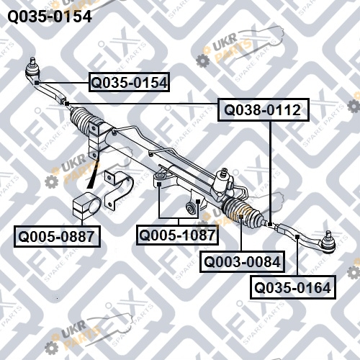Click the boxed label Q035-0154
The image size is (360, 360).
pyautogui.click(x=129, y=82)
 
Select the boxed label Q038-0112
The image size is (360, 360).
pyautogui.click(x=264, y=109)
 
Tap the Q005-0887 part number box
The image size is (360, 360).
pyautogui.click(x=57, y=236)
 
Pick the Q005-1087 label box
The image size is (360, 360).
pyautogui.click(x=177, y=235)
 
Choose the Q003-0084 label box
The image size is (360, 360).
pyautogui.click(x=243, y=261)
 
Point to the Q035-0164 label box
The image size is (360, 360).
pyautogui.click(x=293, y=287)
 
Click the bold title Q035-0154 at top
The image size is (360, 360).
pyautogui.click(x=50, y=17)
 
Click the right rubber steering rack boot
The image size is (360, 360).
pyautogui.click(x=243, y=212)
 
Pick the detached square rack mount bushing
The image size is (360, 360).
pyautogui.click(x=86, y=206)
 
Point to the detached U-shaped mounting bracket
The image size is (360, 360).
pyautogui.click(x=118, y=189)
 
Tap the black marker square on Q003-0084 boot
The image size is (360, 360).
pyautogui.click(x=242, y=217)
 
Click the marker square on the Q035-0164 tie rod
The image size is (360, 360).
pyautogui.click(x=297, y=237)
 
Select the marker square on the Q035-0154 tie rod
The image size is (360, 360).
pyautogui.click(x=37, y=83)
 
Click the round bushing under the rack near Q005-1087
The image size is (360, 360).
pyautogui.click(x=192, y=208)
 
